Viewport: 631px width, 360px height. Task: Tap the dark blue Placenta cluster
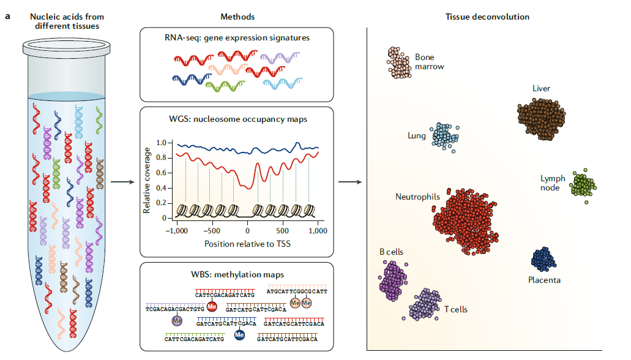coord(543,260)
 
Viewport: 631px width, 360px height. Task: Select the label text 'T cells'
coord(455,309)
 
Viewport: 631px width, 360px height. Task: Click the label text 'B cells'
coord(391,252)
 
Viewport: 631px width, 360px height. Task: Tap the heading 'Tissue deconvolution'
coord(487,17)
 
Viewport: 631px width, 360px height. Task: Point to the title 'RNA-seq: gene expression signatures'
coord(236,38)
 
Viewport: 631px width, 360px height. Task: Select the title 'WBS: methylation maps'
coord(236,274)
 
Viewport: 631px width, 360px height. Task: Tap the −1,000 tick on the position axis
coord(176,231)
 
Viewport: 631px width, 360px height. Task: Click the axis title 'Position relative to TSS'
coord(247,244)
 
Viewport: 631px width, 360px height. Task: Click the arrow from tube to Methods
coord(124,182)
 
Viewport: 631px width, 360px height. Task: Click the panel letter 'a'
coord(7,16)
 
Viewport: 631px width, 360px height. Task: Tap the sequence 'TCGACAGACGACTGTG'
coord(174,310)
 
